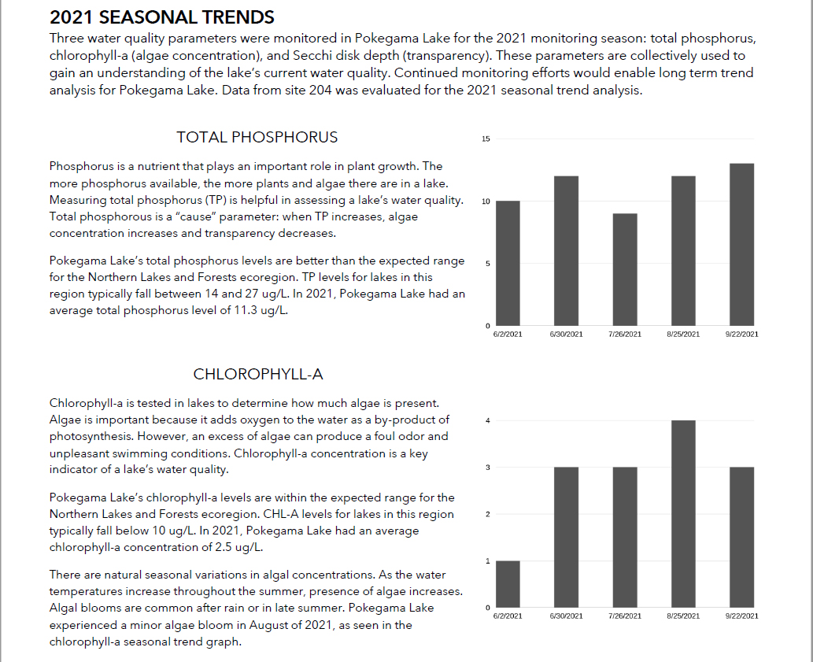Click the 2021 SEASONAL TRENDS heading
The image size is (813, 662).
(162, 17)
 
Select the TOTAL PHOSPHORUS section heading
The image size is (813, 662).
(257, 137)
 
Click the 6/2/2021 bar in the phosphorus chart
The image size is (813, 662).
(508, 263)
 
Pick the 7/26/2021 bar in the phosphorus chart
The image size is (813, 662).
(624, 269)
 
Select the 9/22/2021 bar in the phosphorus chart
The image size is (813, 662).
(741, 244)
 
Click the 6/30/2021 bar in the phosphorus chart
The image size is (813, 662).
(566, 250)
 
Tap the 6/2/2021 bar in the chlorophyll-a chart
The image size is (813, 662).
(508, 584)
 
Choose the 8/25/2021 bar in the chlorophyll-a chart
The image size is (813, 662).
(682, 513)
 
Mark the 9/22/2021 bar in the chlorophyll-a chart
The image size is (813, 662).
(741, 537)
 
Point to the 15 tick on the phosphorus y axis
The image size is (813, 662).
(486, 139)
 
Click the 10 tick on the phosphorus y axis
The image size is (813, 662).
(486, 202)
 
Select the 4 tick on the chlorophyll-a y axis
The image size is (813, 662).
(487, 421)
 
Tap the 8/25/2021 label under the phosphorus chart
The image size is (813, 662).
(682, 335)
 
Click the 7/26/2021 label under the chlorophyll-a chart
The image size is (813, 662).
(624, 616)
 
